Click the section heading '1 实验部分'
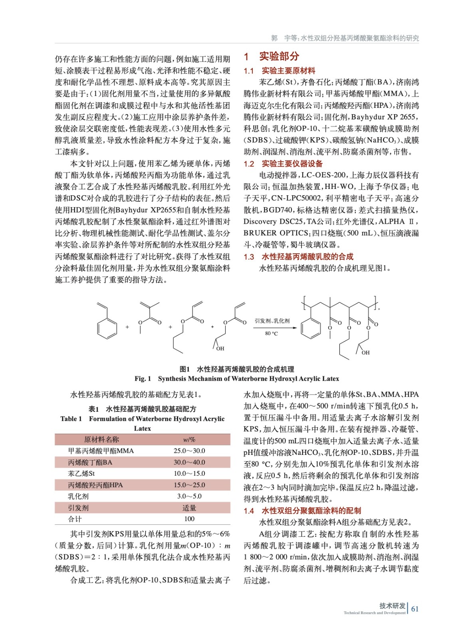pyautogui.click(x=271, y=57)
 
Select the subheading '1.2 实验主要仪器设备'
pyautogui.click(x=283, y=164)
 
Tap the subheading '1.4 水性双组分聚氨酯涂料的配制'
pyautogui.click(x=302, y=511)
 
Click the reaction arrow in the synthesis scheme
pyautogui.click(x=275, y=328)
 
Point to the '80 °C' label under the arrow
pyautogui.click(x=272, y=333)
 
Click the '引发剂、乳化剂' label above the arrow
pyautogui.click(x=272, y=321)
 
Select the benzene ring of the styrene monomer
pyautogui.click(x=107, y=328)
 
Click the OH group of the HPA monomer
pyautogui.click(x=220, y=349)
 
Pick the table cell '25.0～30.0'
pyautogui.click(x=189, y=451)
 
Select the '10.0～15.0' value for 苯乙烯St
pyautogui.click(x=189, y=474)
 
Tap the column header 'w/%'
pyautogui.click(x=189, y=440)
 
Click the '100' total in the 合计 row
pyautogui.click(x=189, y=519)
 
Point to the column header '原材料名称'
pyautogui.click(x=101, y=440)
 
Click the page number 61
pyautogui.click(x=415, y=609)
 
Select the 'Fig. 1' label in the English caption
pyautogui.click(x=143, y=379)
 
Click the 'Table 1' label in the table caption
pyautogui.click(x=71, y=419)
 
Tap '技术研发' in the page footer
pyautogui.click(x=392, y=605)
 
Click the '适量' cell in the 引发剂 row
pyautogui.click(x=189, y=508)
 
